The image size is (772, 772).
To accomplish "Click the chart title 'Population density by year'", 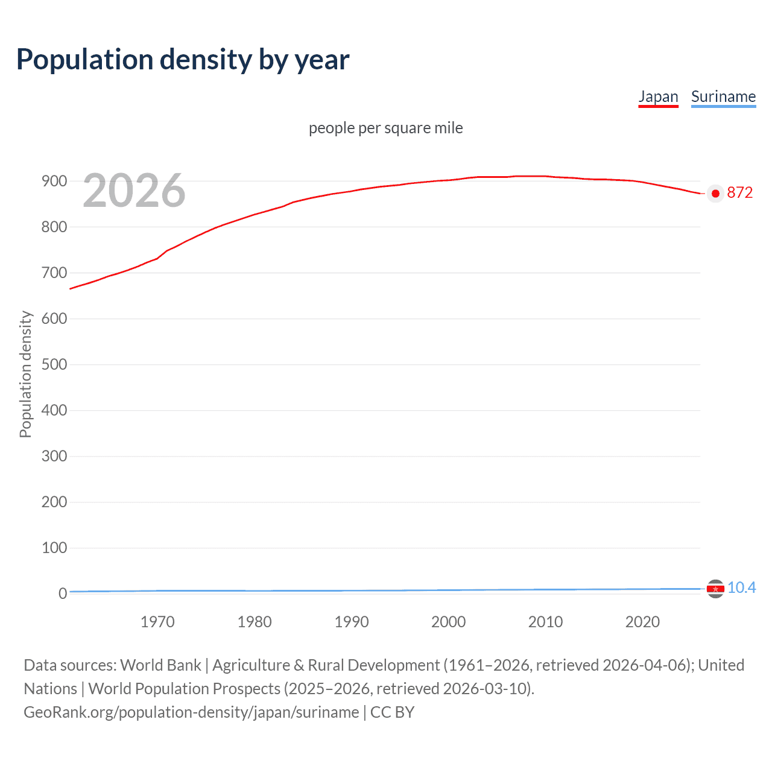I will (x=183, y=60).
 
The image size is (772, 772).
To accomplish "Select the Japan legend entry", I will (x=658, y=96).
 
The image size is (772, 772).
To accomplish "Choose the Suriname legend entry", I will (x=723, y=96).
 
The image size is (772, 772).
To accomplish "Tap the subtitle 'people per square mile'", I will (x=386, y=128).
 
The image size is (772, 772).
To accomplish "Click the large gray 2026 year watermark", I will (x=134, y=191).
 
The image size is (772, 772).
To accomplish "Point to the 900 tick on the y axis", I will (x=54, y=181).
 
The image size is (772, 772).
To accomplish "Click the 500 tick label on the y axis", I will (x=54, y=364).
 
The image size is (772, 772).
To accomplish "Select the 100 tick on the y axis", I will (x=54, y=548).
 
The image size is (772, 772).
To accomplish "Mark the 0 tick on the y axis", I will (x=62, y=593).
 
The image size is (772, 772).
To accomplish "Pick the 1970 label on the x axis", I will (x=157, y=622).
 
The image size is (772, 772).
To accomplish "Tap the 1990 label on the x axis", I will (x=352, y=622).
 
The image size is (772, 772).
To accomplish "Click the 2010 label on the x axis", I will (x=545, y=622).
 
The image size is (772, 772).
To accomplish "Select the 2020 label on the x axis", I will (x=642, y=622).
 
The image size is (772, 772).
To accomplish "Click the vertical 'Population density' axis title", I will (x=25, y=374).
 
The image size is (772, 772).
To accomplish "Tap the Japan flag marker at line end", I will (x=715, y=194).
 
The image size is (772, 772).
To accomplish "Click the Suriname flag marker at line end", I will (x=715, y=588).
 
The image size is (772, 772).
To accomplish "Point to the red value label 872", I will (x=740, y=193).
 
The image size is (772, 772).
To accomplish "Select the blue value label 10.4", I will (x=741, y=587).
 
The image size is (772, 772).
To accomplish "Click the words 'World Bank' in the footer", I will (x=160, y=665).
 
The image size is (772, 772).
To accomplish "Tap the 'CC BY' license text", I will (x=392, y=712).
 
